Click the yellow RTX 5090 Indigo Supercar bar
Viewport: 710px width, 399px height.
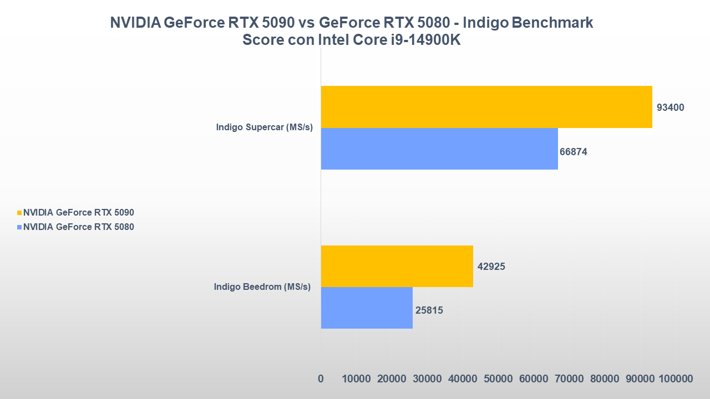(486, 107)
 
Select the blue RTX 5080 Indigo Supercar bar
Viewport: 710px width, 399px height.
(439, 149)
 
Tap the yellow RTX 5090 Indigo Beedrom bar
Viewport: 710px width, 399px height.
(397, 266)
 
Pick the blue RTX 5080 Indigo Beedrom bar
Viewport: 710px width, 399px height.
(367, 308)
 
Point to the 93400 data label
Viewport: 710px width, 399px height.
(670, 108)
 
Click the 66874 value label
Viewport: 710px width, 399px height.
(573, 152)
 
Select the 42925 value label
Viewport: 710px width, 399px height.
(491, 267)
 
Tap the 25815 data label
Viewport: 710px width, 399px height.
(429, 310)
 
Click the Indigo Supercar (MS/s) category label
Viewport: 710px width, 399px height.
(265, 127)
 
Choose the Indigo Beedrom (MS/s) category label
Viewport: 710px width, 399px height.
(262, 287)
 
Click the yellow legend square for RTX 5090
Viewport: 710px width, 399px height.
(19, 212)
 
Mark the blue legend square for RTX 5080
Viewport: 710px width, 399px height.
(19, 227)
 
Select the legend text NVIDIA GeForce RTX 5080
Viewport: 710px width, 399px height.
(78, 227)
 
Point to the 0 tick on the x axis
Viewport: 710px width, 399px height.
(321, 379)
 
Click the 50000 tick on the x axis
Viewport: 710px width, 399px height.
(498, 379)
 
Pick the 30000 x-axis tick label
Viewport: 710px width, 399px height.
(427, 379)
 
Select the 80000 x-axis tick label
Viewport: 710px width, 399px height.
(605, 379)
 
